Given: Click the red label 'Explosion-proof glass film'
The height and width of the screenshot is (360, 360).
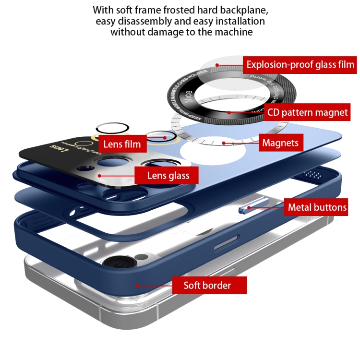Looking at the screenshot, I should [x=300, y=64].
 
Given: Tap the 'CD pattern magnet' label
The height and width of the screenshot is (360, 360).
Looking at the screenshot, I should [x=308, y=113].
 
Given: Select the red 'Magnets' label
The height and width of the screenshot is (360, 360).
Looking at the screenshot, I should [x=280, y=143].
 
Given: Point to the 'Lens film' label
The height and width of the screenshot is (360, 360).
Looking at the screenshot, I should [x=122, y=144].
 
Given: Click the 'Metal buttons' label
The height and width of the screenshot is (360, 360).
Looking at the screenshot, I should [x=317, y=207].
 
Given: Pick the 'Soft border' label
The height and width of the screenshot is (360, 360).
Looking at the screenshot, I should [x=207, y=286].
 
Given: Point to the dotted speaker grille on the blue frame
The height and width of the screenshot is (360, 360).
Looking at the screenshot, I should [x=313, y=173].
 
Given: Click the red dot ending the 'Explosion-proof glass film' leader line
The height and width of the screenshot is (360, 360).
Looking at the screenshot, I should [x=217, y=64].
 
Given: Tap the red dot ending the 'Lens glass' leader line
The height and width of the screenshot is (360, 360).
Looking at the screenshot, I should [x=99, y=176].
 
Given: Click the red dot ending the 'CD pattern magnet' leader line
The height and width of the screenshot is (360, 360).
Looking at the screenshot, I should [x=229, y=113].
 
